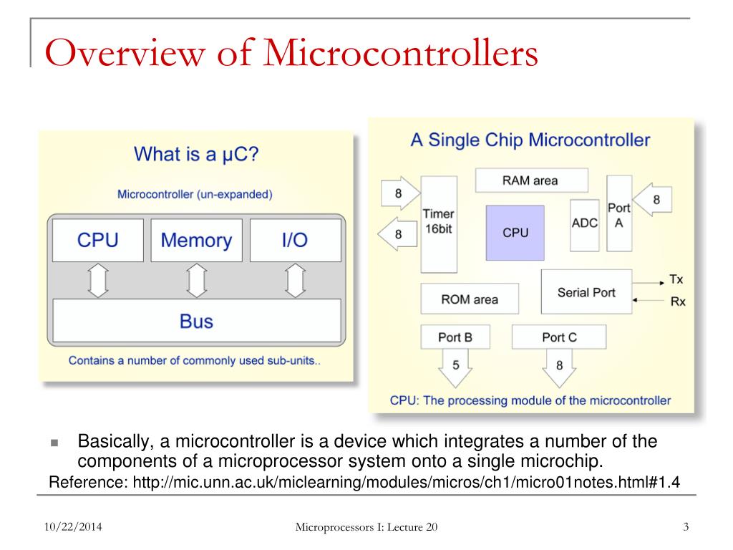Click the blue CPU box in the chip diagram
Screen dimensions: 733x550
(x=515, y=233)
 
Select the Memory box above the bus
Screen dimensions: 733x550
(x=196, y=240)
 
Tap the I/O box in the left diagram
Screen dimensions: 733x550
(x=296, y=240)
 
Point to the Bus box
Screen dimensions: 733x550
(x=197, y=321)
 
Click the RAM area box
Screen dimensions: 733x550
(x=532, y=180)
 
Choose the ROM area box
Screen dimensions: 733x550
(x=470, y=299)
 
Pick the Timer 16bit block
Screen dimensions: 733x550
(x=439, y=224)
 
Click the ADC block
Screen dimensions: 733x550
(x=584, y=225)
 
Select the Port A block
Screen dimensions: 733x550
(x=619, y=213)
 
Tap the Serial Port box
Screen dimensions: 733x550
(x=586, y=292)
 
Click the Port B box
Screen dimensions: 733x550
(x=455, y=337)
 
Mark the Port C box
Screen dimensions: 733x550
(x=559, y=337)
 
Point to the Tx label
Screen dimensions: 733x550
(x=676, y=279)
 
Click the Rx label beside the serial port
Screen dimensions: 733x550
(x=678, y=301)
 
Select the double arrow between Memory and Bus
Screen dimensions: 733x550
(x=197, y=280)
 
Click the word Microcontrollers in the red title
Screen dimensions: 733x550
(x=401, y=52)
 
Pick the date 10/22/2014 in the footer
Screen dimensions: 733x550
(x=73, y=526)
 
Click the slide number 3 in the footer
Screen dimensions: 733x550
(x=686, y=526)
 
